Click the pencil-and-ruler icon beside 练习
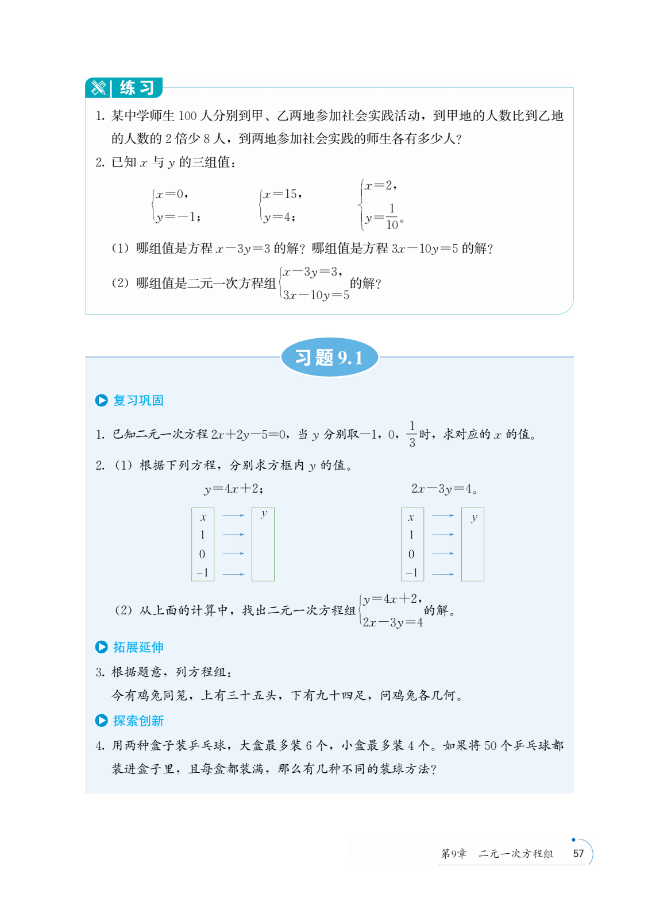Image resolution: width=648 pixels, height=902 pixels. tap(98, 88)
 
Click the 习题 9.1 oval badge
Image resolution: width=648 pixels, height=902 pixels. tap(329, 358)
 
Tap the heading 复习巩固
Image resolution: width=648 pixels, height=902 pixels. tap(138, 400)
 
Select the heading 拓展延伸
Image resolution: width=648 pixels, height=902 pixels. tap(138, 647)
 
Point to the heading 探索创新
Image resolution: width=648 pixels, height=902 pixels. tap(138, 721)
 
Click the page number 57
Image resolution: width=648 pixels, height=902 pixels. tap(578, 853)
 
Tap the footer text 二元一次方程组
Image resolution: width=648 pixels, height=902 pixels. tap(516, 854)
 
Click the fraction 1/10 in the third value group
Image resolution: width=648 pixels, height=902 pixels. tap(392, 216)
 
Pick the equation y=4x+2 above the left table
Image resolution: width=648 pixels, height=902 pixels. tap(234, 489)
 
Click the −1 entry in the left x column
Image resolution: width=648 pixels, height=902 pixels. tap(202, 572)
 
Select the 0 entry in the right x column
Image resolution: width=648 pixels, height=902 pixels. tap(411, 553)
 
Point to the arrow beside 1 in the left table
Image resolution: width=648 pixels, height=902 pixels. tap(233, 535)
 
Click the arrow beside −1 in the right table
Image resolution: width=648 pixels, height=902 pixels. tap(443, 574)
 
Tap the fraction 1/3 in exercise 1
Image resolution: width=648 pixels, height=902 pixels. tap(412, 434)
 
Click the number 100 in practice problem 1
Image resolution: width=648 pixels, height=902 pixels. tap(187, 116)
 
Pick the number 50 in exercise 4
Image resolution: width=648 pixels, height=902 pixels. tap(490, 745)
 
